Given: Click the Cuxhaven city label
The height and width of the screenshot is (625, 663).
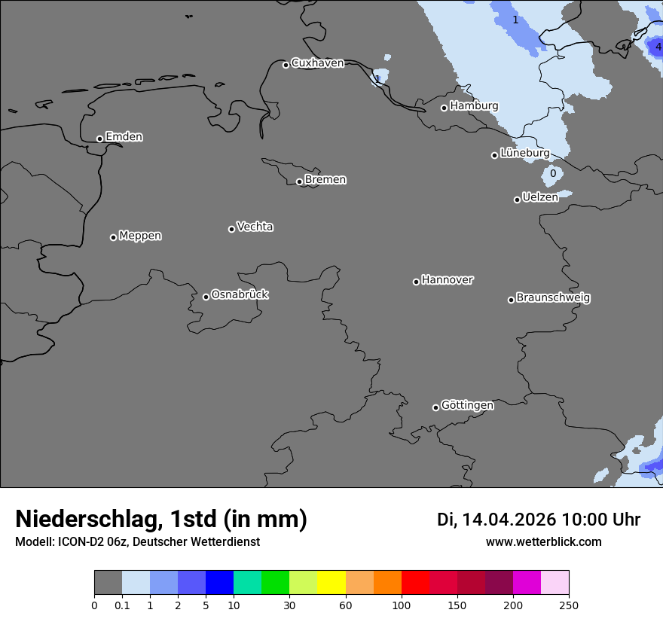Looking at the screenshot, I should (317, 63).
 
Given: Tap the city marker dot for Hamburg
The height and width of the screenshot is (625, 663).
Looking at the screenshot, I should (444, 108).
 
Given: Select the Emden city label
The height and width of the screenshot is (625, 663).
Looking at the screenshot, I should (124, 137).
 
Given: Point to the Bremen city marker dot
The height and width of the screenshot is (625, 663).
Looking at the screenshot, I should (299, 181).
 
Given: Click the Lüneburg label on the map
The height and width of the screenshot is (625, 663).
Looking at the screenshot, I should (524, 153).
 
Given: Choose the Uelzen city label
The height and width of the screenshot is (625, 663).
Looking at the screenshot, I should (540, 197).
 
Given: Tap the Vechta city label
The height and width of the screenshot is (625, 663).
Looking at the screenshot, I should (255, 227).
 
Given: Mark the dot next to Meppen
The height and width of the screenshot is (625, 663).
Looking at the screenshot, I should (113, 237).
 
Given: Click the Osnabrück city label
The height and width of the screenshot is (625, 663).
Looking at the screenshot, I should (240, 294).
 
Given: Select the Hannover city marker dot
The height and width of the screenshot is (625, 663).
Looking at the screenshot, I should (416, 282).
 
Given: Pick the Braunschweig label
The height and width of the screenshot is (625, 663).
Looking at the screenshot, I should (553, 297).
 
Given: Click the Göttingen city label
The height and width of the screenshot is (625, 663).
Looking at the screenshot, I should (467, 405).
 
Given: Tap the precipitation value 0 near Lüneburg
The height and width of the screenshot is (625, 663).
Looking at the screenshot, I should (553, 173).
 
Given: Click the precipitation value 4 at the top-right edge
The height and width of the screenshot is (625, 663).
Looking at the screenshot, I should (658, 47).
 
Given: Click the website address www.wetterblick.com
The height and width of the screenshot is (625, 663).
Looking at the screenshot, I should (543, 541).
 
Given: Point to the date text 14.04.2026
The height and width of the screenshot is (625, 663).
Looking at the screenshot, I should (509, 520).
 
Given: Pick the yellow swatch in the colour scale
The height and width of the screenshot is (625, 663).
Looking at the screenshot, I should (331, 583).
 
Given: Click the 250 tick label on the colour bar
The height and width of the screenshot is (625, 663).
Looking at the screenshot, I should (568, 605).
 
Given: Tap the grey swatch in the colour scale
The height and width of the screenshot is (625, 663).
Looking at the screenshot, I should (108, 583).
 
